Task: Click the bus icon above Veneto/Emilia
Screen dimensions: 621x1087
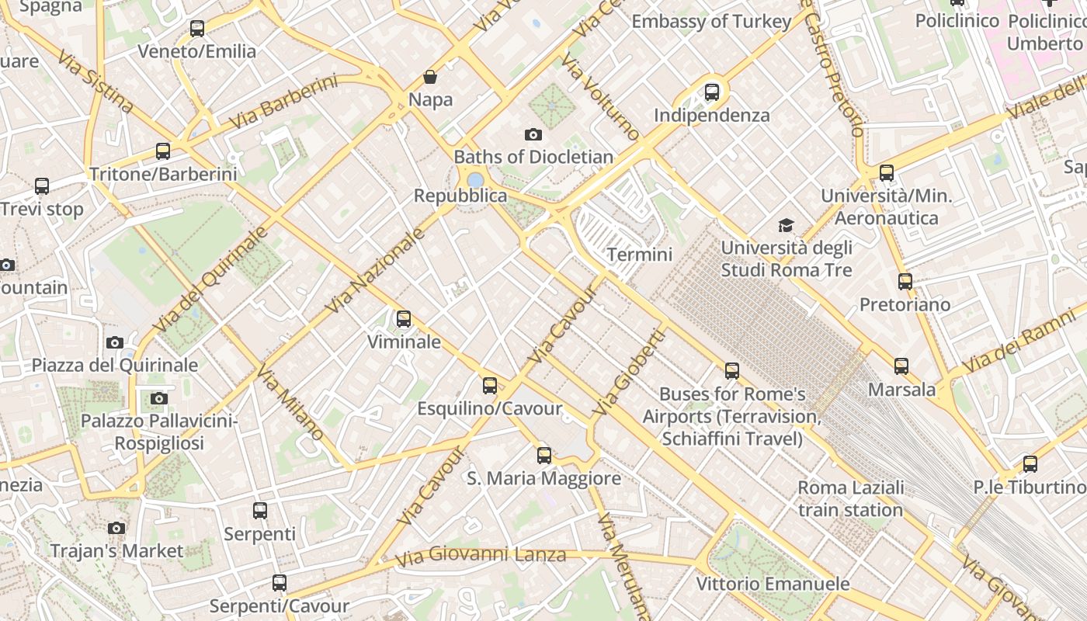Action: [x=197, y=29]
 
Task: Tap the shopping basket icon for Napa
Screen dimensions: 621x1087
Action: [x=429, y=77]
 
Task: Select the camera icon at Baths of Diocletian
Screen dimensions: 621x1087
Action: [x=533, y=134]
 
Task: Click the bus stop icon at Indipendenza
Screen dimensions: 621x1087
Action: [x=711, y=92]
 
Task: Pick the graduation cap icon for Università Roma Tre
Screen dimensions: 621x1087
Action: [x=787, y=225]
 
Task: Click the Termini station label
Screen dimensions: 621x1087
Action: [x=639, y=254]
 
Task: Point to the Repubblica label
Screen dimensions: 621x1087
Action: [x=460, y=196]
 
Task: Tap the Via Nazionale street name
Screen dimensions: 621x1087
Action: [x=376, y=271]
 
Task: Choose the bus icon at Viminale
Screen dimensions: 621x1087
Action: [x=403, y=319]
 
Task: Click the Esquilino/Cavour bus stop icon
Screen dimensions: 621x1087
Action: [x=489, y=386]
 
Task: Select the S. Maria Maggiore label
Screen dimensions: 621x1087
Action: [x=543, y=478]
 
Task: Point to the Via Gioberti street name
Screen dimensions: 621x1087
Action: [x=629, y=372]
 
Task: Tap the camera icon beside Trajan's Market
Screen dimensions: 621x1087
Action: [x=116, y=528]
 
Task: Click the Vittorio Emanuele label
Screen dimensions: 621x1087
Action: [x=773, y=584]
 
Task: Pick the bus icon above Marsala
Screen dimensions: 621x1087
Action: [x=901, y=366]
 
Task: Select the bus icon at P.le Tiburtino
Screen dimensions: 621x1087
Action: [x=1030, y=464]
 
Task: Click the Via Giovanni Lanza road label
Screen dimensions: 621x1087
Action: [x=481, y=556]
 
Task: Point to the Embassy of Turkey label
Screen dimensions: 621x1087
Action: [x=710, y=22]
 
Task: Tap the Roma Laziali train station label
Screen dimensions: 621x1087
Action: [x=851, y=498]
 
